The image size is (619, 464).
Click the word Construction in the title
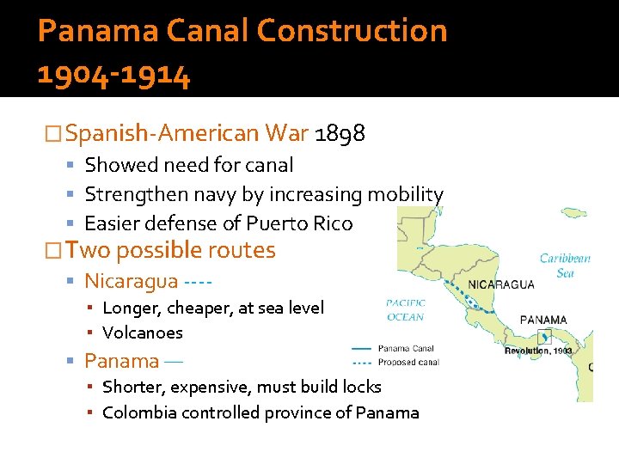point(352,31)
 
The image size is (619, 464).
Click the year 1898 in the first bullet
point(340,133)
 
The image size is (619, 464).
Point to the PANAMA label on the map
point(543,320)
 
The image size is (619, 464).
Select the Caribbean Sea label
point(565,266)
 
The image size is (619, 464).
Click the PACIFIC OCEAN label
point(405,310)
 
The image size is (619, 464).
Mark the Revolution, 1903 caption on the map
point(538,351)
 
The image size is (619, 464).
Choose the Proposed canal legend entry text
point(408,362)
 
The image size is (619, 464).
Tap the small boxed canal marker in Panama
point(542,337)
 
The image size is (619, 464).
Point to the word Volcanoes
point(143,333)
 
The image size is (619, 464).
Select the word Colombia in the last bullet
point(140,412)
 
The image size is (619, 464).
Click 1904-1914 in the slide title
point(113,75)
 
